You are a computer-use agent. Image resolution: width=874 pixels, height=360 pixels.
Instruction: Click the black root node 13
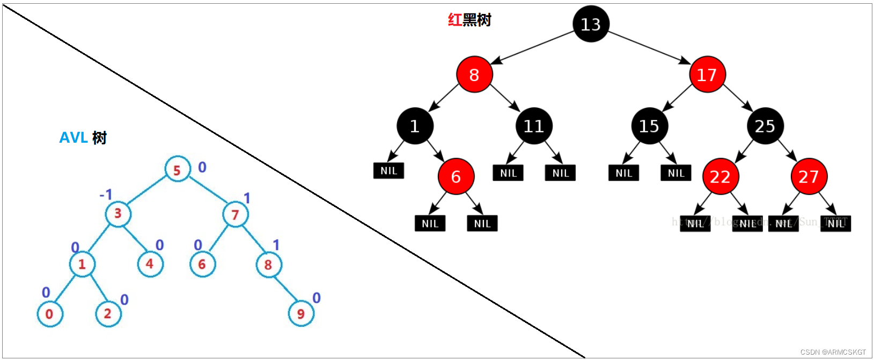pos(591,24)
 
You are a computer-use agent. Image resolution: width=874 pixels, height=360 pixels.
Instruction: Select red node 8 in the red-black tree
pos(474,75)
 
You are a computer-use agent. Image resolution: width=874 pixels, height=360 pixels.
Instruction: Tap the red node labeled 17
pos(707,75)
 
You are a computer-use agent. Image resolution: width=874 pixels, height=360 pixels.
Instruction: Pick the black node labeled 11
pos(534,126)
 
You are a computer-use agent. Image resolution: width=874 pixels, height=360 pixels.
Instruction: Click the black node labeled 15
pos(649,126)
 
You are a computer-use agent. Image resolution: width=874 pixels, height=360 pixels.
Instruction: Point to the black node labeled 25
pos(765,126)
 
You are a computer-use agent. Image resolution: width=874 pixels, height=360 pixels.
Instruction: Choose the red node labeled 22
pos(721,177)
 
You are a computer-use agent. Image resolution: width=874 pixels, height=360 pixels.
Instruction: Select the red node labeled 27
pos(809,177)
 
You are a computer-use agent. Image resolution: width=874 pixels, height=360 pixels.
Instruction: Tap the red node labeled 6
pos(456,177)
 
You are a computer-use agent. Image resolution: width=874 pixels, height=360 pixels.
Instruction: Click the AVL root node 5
pos(177,170)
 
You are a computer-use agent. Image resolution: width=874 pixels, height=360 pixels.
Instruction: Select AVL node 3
pos(118,214)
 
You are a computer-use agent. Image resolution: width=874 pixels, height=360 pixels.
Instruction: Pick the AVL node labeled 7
pos(235,215)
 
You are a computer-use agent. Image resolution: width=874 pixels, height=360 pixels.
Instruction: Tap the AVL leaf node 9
pos(301,314)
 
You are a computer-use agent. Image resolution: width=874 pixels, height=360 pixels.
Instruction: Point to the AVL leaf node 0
pos(49,314)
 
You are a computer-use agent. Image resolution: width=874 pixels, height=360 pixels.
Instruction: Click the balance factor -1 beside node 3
pos(106,194)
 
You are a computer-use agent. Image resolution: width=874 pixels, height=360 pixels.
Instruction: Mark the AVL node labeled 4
pos(150,264)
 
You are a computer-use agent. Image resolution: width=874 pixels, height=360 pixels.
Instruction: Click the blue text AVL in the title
pos(74,138)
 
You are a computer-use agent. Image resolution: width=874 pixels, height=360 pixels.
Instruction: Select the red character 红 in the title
pos(454,20)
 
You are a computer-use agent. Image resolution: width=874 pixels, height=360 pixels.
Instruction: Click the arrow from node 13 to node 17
pos(649,47)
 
